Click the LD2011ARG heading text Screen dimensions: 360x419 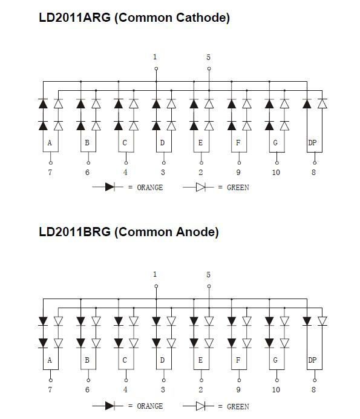tap(75, 18)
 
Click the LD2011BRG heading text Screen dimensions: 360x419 tap(75, 232)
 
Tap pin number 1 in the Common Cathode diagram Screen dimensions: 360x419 tap(155, 57)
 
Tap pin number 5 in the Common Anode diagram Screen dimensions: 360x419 tap(208, 275)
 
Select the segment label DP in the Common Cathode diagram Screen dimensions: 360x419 tap(312, 143)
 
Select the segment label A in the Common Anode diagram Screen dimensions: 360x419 tap(50, 360)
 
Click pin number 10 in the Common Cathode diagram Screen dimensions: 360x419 tap(276, 173)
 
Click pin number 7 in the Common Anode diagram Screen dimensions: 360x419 tap(50, 390)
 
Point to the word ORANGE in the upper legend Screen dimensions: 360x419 tap(150, 188)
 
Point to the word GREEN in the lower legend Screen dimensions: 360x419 tap(238, 407)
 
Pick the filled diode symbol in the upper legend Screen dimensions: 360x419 tap(108, 187)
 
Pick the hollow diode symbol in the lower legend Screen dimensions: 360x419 tap(198, 406)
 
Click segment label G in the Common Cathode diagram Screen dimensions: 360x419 tap(275, 143)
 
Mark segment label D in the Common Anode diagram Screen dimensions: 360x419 tap(162, 360)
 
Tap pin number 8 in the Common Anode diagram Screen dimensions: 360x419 tap(313, 390)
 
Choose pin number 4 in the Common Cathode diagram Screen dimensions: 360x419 tap(125, 173)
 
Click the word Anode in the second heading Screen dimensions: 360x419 tap(195, 232)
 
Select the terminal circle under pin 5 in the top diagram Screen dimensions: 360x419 tap(209, 68)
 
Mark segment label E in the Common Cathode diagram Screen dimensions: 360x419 tap(200, 143)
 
